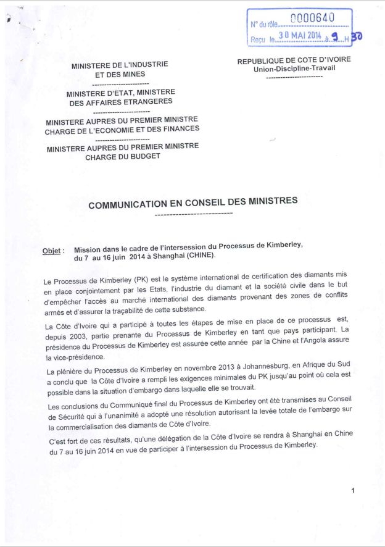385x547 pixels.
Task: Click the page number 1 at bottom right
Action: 353,491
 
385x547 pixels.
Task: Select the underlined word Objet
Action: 51,251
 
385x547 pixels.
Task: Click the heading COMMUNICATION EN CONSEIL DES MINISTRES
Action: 193,201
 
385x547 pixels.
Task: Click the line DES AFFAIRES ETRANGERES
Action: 121,102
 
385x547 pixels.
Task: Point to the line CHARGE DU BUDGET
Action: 122,156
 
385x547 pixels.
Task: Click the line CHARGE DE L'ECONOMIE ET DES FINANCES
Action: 122,128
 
